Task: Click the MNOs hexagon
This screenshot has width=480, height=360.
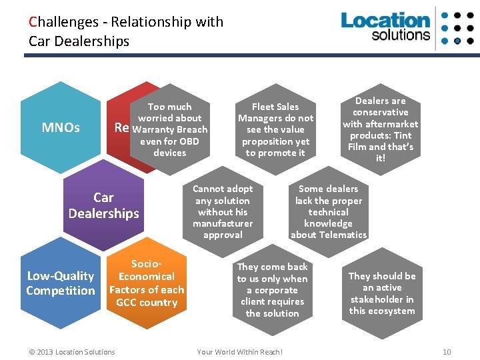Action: (61, 127)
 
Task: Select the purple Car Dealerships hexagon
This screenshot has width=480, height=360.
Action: (103, 205)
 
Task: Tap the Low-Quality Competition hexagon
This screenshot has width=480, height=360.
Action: (60, 283)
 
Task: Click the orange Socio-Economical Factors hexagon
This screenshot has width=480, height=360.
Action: (147, 283)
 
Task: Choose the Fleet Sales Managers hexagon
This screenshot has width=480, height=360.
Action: (275, 129)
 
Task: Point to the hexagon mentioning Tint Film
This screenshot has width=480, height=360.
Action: (380, 129)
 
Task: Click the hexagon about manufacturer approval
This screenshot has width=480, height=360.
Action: (223, 212)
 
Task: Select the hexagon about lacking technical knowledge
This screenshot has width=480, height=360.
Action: (328, 212)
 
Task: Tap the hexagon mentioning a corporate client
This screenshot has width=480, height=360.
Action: (272, 289)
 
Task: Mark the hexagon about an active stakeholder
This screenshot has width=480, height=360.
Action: (381, 293)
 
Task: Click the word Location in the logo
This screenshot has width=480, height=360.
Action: (385, 21)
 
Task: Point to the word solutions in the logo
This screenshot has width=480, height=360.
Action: (401, 35)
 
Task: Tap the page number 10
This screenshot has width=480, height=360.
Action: (447, 351)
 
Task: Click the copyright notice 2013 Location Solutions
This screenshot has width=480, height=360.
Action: (72, 351)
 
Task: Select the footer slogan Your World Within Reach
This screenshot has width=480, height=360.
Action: (240, 351)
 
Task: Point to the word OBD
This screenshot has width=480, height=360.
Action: (189, 141)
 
